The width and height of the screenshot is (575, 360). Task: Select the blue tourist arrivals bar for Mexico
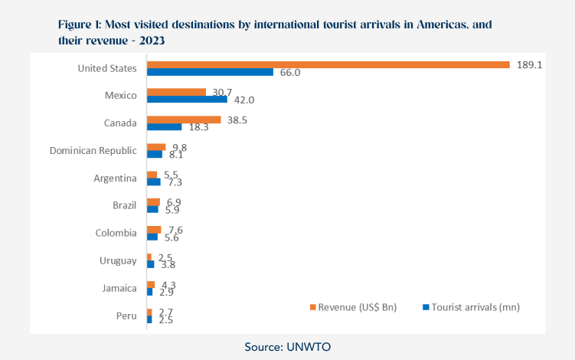(187, 100)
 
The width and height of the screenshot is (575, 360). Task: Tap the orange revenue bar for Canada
(184, 119)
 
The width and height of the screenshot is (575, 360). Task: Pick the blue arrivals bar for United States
(210, 72)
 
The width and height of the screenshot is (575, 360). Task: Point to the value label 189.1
(529, 65)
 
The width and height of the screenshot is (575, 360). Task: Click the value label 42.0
(244, 100)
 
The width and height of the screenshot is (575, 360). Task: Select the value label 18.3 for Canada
(198, 127)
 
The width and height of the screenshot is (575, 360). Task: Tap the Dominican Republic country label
(93, 151)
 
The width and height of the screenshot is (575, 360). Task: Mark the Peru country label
(125, 316)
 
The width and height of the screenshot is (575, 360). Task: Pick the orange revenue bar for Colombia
(154, 230)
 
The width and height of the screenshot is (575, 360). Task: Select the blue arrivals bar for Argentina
(153, 182)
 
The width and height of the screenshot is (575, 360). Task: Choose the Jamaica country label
(116, 288)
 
